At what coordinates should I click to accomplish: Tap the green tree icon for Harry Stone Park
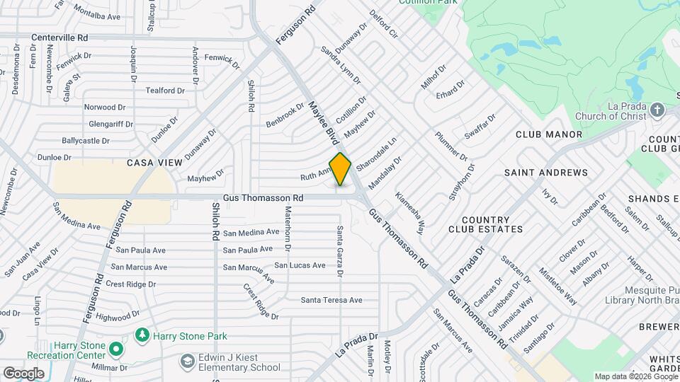click(x=142, y=334)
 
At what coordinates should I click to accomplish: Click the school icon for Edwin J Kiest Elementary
click(x=187, y=362)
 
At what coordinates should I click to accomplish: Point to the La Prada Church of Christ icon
click(x=657, y=110)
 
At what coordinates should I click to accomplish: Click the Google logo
click(x=23, y=373)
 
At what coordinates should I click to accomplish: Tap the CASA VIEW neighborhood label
click(x=154, y=163)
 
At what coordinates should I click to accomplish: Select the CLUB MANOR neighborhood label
click(x=548, y=134)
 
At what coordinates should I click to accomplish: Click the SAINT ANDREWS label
click(x=545, y=173)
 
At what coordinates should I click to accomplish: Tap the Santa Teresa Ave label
click(x=331, y=300)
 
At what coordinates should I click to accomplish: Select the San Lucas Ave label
click(x=300, y=265)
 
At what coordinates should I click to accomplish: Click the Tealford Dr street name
click(x=165, y=91)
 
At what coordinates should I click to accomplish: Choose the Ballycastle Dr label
click(x=86, y=141)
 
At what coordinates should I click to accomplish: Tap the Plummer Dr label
click(x=451, y=146)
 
